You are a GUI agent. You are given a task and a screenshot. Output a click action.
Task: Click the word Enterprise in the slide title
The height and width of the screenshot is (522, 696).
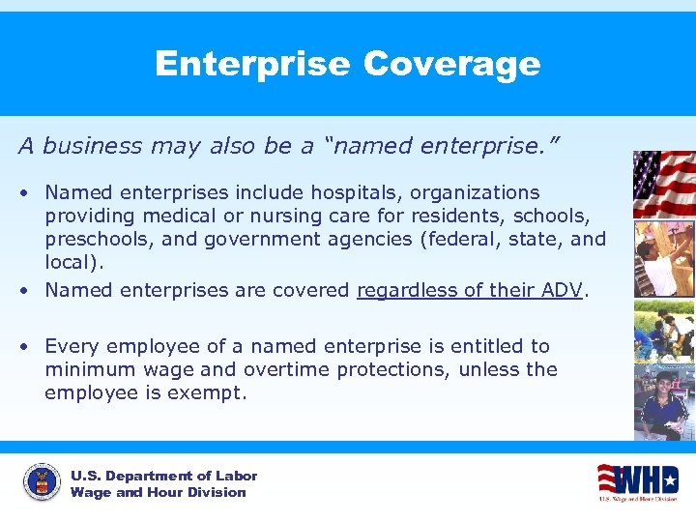(252, 64)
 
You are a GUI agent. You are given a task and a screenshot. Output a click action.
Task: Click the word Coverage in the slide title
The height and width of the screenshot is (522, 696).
(451, 64)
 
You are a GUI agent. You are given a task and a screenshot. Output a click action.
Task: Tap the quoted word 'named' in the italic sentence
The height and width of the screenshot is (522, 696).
(369, 146)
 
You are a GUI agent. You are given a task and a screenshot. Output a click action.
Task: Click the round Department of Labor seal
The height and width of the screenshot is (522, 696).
(41, 483)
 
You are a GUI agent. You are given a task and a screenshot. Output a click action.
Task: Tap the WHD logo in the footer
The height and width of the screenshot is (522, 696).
(637, 481)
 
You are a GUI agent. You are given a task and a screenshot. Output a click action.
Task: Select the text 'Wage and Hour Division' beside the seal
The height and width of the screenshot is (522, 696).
(158, 493)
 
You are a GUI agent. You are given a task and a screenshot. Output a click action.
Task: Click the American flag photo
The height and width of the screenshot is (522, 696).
(663, 184)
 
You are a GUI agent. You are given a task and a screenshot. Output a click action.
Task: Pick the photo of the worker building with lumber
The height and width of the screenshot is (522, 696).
(663, 258)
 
